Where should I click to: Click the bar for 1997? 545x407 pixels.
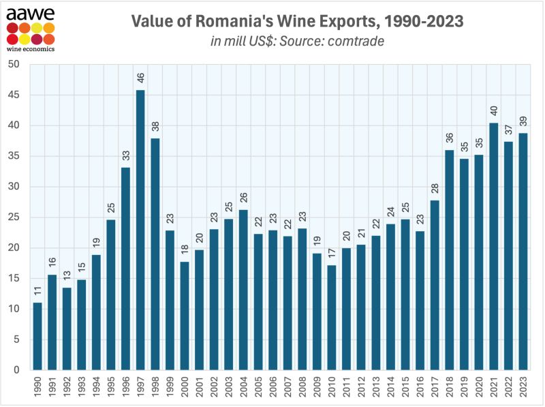point(140,230)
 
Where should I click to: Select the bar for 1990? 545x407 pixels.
point(37,336)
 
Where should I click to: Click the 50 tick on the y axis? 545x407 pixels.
point(15,65)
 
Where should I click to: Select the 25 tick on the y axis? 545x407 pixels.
point(15,217)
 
